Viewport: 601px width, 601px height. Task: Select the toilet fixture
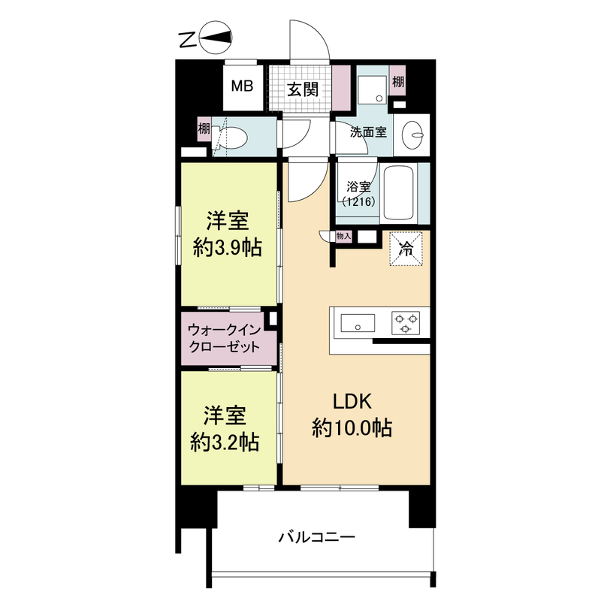tap(233, 137)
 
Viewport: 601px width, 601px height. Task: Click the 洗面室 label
tap(368, 132)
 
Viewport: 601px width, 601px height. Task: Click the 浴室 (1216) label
tap(358, 195)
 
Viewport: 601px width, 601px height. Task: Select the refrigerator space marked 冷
tap(406, 249)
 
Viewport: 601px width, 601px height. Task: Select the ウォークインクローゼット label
tap(224, 339)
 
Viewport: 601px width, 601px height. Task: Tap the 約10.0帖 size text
tap(351, 429)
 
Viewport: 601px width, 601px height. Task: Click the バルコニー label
tap(316, 537)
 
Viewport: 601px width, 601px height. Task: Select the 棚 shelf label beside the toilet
tap(204, 128)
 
